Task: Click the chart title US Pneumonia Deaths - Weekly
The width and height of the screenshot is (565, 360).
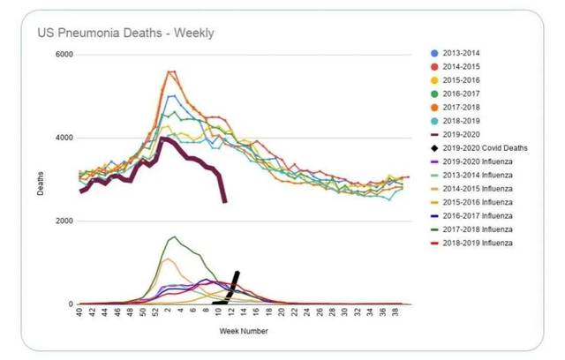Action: (x=125, y=34)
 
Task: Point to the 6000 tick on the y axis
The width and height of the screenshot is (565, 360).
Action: (x=64, y=55)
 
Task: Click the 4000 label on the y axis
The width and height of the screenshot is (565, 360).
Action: (x=64, y=138)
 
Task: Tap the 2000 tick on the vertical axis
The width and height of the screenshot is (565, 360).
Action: (x=64, y=221)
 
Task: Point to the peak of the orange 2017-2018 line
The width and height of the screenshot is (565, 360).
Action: (x=170, y=71)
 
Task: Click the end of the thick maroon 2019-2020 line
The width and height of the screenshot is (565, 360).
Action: (x=224, y=202)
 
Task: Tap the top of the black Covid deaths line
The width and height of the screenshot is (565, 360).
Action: (x=237, y=273)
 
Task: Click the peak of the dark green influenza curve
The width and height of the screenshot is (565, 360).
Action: (x=173, y=236)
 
